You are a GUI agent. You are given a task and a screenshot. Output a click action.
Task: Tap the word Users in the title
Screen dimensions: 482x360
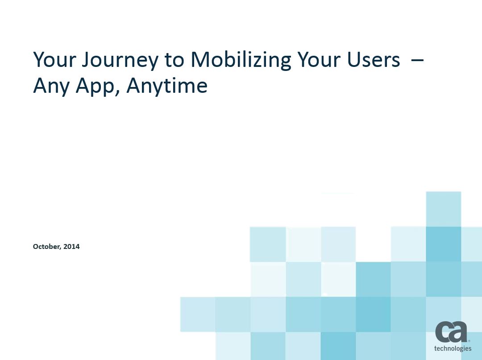tap(374, 60)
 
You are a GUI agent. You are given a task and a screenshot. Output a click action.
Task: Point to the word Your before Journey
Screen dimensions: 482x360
tap(55, 59)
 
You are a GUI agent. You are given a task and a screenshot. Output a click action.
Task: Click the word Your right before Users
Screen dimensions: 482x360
tap(319, 59)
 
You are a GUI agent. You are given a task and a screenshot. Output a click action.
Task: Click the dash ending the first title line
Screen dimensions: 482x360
tap(417, 59)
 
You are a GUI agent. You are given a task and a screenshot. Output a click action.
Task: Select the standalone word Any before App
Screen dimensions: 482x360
tap(51, 86)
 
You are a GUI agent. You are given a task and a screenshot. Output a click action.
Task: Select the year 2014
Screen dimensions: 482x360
tap(71, 246)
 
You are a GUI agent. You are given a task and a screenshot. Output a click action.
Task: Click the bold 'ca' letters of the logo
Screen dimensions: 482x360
tap(451, 332)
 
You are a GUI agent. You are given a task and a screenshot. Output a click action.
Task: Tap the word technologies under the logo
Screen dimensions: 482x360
tap(453, 348)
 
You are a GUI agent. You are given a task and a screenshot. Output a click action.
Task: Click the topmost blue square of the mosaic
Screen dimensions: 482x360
tap(443, 209)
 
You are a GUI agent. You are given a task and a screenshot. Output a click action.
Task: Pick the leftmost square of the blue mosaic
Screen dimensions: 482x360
tap(198, 314)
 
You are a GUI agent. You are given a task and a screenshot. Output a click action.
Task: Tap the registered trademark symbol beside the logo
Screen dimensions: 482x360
tap(469, 341)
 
